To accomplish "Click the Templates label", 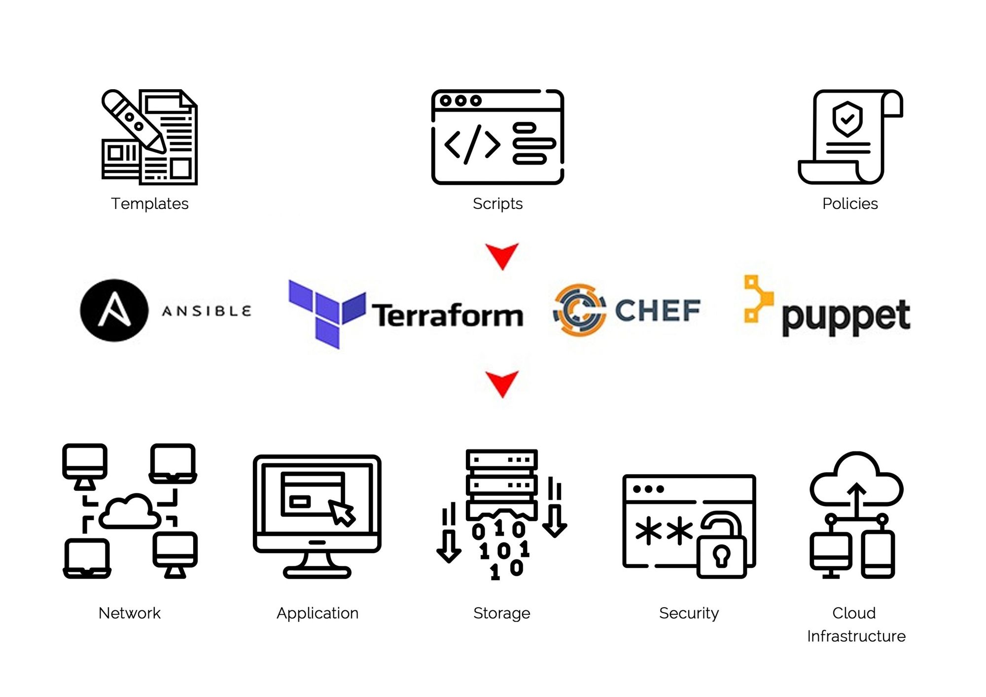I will coord(149,204).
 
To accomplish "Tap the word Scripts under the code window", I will coord(497,204).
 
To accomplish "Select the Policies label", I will coord(850,204).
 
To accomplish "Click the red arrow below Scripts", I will coord(502,255).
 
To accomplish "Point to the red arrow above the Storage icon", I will coord(502,383).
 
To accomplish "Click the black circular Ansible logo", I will coord(114,311).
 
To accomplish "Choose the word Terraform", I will coord(447,315).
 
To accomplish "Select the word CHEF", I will coord(658,310).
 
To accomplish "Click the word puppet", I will coord(846,317).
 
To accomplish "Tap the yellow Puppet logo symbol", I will coord(757,299).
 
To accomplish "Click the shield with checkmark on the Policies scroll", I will coord(847,119).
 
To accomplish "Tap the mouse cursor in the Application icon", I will coord(342,513).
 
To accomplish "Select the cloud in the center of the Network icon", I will coord(130,512).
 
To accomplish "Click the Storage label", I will coord(501,613).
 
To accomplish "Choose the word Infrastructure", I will coord(856,636).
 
